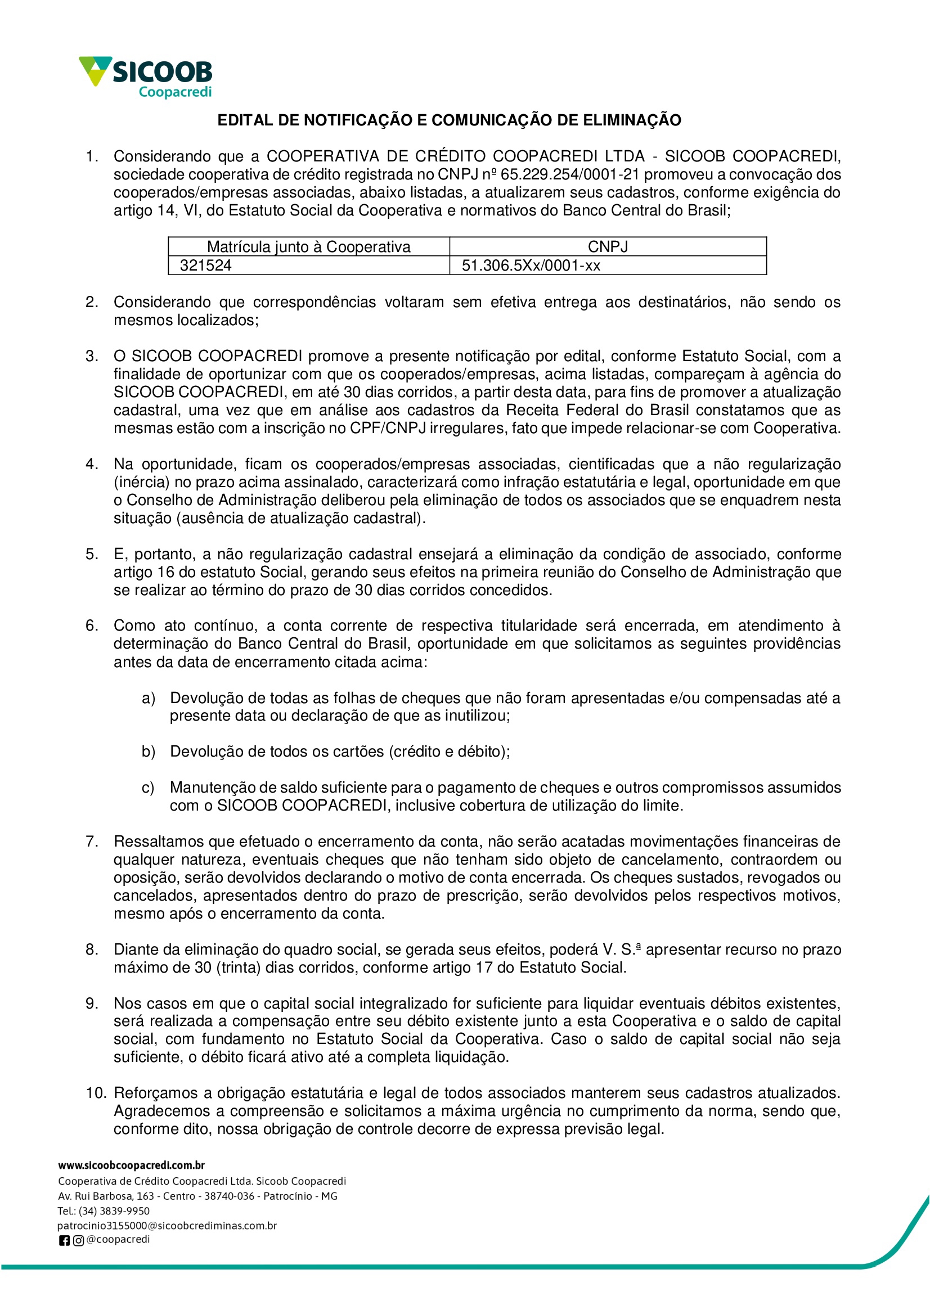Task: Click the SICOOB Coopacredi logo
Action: pyautogui.click(x=146, y=76)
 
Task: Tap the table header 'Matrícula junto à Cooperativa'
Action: pyautogui.click(x=309, y=247)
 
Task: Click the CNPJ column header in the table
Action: pyautogui.click(x=608, y=247)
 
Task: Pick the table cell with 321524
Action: pyautogui.click(x=205, y=265)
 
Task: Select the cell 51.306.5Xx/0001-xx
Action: pyautogui.click(x=531, y=265)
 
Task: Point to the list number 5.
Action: pyautogui.click(x=92, y=554)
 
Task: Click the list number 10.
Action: pyautogui.click(x=96, y=1093)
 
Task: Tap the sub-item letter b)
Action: pyautogui.click(x=149, y=751)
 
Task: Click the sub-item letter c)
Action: pyautogui.click(x=148, y=788)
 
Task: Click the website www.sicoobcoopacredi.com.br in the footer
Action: pyautogui.click(x=131, y=1165)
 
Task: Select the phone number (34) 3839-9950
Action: pyautogui.click(x=114, y=1211)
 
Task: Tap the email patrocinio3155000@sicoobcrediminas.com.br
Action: pyautogui.click(x=167, y=1226)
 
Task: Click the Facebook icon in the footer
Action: pyautogui.click(x=64, y=1241)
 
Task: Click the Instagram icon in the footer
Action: pyautogui.click(x=78, y=1241)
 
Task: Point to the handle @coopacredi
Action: pyautogui.click(x=118, y=1240)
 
